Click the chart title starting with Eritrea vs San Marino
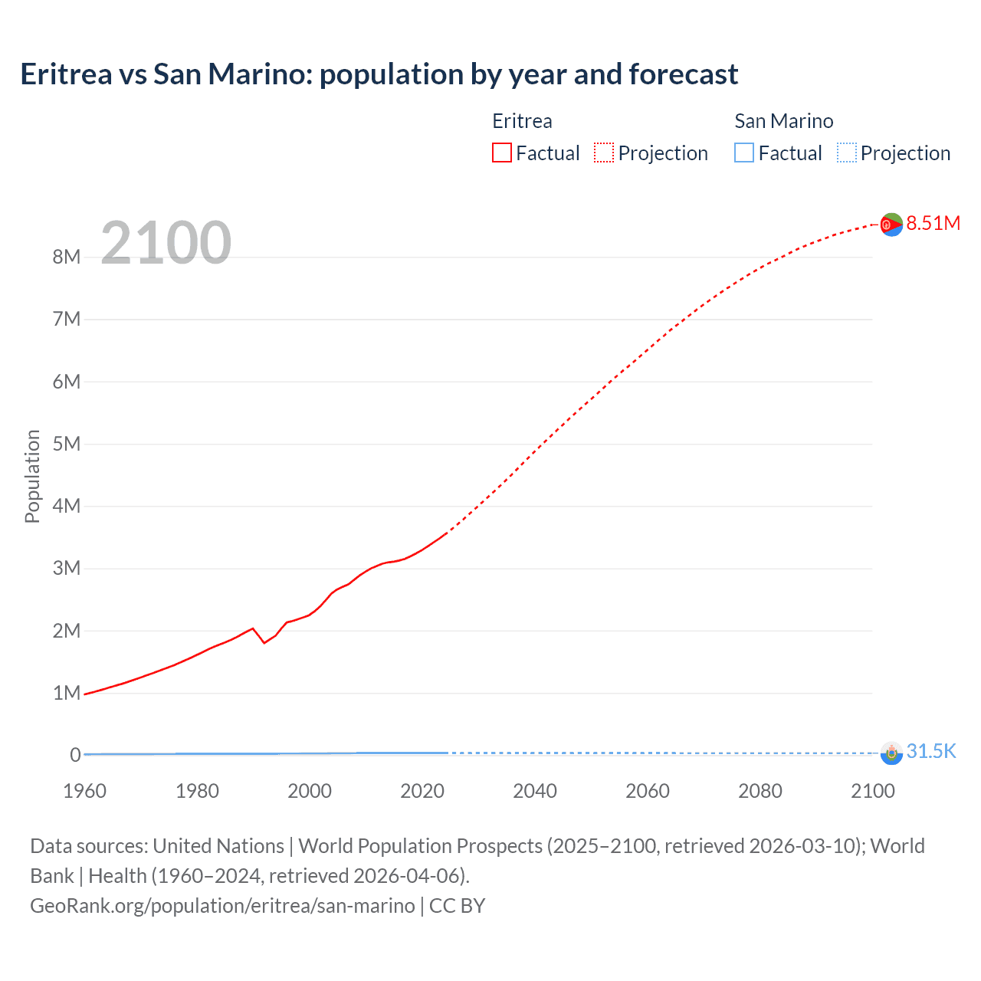tap(379, 74)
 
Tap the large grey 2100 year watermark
tap(166, 243)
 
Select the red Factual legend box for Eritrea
tap(501, 153)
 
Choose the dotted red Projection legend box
tap(604, 153)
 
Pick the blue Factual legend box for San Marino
tap(744, 153)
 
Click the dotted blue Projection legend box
tap(847, 153)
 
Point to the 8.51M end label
tap(933, 223)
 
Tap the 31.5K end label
tap(930, 751)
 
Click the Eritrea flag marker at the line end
tap(891, 225)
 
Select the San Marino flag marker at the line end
tap(891, 753)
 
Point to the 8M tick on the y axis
tap(67, 257)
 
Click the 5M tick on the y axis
tap(67, 444)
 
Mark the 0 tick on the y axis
tap(75, 755)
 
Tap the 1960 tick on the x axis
tap(84, 791)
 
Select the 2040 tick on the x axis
tap(535, 791)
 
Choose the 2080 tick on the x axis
tap(760, 791)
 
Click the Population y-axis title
tap(32, 476)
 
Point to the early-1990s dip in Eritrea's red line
tap(264, 642)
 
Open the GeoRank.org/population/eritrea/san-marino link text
tap(222, 906)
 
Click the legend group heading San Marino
tap(783, 121)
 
